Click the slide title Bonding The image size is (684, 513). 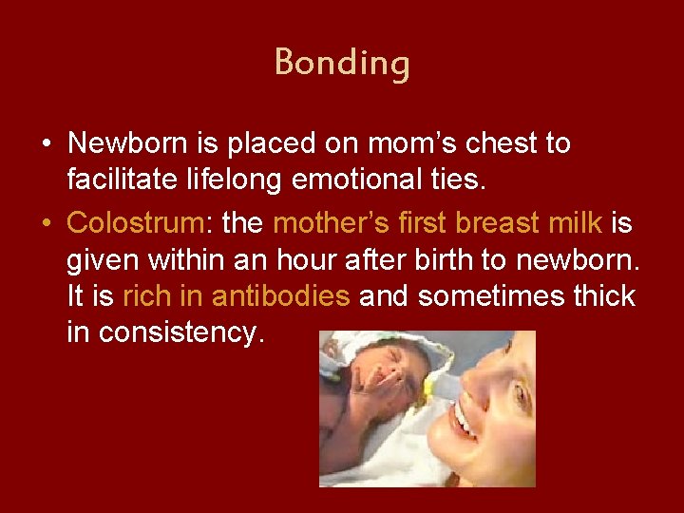pyautogui.click(x=342, y=63)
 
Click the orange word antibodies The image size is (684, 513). pyautogui.click(x=281, y=296)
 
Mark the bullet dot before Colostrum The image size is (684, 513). pyautogui.click(x=46, y=223)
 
